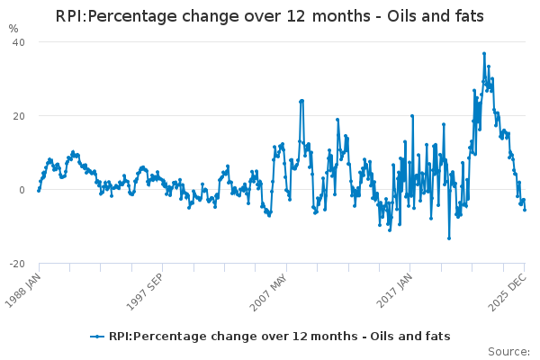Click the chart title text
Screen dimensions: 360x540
tap(270, 16)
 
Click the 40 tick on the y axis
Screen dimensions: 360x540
tap(18, 42)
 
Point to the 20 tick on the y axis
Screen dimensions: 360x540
tap(18, 116)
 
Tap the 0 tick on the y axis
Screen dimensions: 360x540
tap(22, 190)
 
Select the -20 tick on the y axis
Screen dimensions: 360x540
tap(16, 264)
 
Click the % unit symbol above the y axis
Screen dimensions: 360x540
tap(13, 28)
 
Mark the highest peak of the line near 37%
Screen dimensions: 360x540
tap(483, 54)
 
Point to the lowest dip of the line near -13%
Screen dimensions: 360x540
tap(449, 238)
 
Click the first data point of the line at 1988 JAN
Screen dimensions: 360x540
tap(38, 191)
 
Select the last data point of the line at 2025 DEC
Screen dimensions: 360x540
tap(525, 210)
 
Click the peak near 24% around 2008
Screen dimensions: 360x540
tap(301, 101)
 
